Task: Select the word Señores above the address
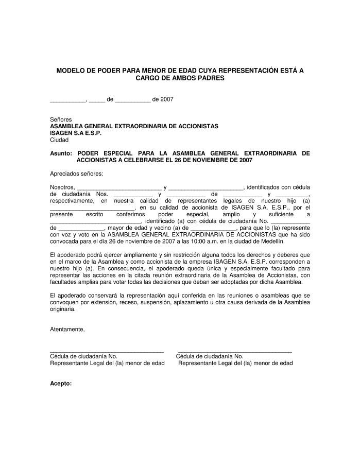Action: [61, 119]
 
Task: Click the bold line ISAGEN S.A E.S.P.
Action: [76, 133]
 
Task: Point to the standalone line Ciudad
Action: [59, 140]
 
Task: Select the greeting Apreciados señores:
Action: [76, 174]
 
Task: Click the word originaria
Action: [62, 309]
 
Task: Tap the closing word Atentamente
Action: [67, 329]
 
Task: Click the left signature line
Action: [107, 351]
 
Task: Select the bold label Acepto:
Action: [60, 384]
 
